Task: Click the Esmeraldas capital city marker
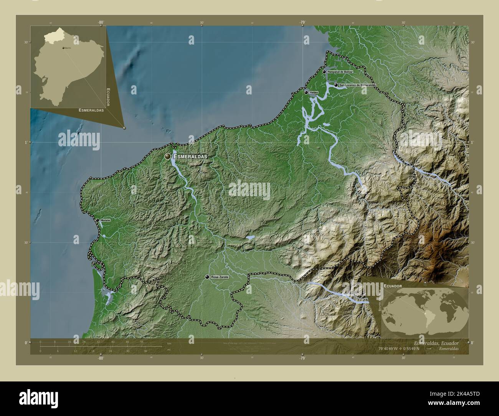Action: point(167,156)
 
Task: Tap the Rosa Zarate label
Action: point(220,277)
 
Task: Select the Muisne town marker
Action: point(97,220)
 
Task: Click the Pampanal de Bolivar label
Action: point(340,72)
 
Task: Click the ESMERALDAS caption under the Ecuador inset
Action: point(91,110)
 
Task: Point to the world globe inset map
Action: point(425,311)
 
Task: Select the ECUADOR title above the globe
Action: point(392,286)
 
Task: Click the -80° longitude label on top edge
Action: point(101,23)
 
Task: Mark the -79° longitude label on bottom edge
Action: point(302,358)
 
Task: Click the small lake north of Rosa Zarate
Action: point(250,238)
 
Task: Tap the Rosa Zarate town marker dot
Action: point(207,277)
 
